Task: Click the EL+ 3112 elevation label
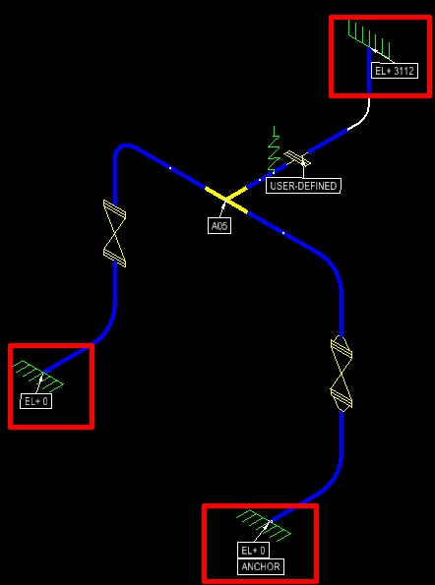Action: pyautogui.click(x=395, y=71)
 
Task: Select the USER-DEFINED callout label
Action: pyautogui.click(x=303, y=186)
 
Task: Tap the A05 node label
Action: pyautogui.click(x=219, y=226)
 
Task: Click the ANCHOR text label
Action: pyautogui.click(x=261, y=566)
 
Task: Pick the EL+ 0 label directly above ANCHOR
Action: pyautogui.click(x=253, y=551)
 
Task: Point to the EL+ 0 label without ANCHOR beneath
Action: pyautogui.click(x=35, y=401)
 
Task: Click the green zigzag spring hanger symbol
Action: pyautogui.click(x=274, y=150)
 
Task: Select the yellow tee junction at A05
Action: pyautogui.click(x=226, y=200)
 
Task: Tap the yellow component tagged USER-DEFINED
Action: pyautogui.click(x=297, y=158)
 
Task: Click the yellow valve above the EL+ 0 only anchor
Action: pyautogui.click(x=114, y=234)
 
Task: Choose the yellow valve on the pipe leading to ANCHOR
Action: pyautogui.click(x=342, y=373)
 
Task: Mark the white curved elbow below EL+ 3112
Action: pyautogui.click(x=362, y=116)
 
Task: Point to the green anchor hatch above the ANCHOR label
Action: pyautogui.click(x=264, y=525)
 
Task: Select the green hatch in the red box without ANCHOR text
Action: pyautogui.click(x=38, y=375)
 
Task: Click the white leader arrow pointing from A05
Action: pyautogui.click(x=223, y=208)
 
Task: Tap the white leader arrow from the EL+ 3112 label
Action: pyautogui.click(x=383, y=55)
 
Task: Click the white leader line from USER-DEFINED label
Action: pyautogui.click(x=303, y=169)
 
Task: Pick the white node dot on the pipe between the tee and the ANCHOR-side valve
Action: pyautogui.click(x=283, y=233)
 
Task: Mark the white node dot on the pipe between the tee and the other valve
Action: pyautogui.click(x=170, y=168)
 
